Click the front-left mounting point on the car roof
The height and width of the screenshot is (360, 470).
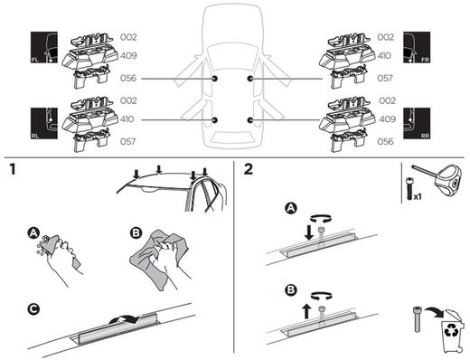(214, 79)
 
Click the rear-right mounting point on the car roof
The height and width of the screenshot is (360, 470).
(249, 120)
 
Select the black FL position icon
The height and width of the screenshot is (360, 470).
(44, 47)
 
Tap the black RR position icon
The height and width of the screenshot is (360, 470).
(417, 123)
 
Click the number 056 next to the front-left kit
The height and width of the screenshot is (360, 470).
(128, 79)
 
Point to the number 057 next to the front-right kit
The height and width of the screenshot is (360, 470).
(385, 79)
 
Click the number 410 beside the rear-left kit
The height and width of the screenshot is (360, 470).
(127, 119)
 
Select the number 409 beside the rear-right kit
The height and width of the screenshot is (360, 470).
(387, 119)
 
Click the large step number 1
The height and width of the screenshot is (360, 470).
(13, 169)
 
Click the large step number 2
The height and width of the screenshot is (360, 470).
(249, 169)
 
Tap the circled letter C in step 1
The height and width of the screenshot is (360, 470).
(33, 309)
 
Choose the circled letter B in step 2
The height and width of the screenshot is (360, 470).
(291, 290)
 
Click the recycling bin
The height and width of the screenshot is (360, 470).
(452, 331)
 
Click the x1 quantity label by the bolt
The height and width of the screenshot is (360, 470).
(418, 197)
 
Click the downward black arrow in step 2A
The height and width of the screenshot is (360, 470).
(308, 233)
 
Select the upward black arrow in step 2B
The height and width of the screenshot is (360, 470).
(306, 311)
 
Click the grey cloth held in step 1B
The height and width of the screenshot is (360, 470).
(160, 260)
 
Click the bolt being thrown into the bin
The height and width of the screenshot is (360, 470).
(417, 318)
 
